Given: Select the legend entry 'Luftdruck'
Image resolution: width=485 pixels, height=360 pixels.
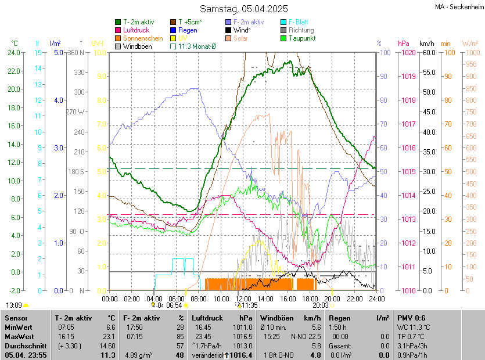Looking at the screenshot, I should (x=136, y=30).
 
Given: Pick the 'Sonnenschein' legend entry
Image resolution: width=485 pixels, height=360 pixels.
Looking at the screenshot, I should (x=143, y=38).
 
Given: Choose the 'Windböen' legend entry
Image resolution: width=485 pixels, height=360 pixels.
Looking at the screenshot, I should (x=137, y=46).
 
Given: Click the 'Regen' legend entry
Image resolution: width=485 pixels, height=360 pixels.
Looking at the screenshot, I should (x=188, y=30).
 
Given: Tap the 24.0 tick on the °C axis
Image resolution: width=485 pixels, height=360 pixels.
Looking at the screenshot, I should (x=13, y=53).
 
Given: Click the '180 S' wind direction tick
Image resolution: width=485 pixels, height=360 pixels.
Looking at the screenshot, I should (x=77, y=171).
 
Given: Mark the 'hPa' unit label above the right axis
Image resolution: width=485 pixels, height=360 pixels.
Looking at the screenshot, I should (x=403, y=44).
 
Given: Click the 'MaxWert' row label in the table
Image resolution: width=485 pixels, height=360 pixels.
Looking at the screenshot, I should (x=20, y=337).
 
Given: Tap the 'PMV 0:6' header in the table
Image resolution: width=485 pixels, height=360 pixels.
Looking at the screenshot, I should (x=411, y=318).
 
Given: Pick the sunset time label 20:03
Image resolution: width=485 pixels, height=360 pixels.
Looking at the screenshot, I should (x=320, y=305).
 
